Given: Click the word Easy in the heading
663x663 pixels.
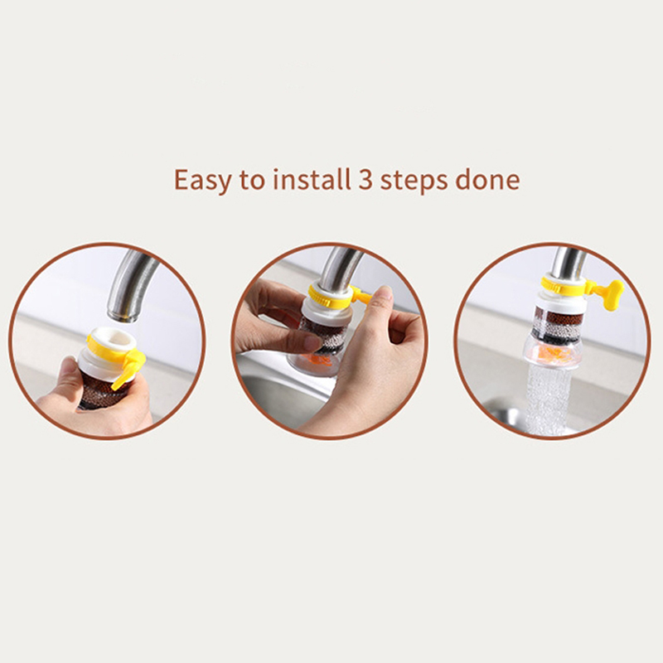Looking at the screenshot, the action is (202, 180).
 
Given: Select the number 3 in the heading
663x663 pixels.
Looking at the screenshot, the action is (365, 180).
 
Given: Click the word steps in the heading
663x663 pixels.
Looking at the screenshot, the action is (414, 181).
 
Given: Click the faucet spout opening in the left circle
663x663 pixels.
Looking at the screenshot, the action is (123, 316).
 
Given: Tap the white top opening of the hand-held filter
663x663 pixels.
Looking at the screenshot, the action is (113, 337).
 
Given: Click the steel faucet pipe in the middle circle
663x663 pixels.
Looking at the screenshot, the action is (341, 266).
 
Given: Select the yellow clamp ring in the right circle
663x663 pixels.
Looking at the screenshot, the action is (564, 287).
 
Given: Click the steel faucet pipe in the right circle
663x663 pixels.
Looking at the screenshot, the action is (568, 262).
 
